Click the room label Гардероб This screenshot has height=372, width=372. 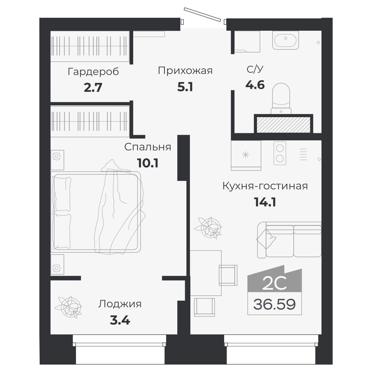point(93,72)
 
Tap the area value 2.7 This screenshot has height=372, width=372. point(93,88)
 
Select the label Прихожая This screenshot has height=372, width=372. point(185,71)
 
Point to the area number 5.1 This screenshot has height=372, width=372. point(185,87)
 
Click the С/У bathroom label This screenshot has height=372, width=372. point(255,69)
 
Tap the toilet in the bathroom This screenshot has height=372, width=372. point(281,98)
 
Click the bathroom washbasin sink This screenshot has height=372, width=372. point(285,40)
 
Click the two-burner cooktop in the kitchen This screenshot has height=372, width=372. point(280,153)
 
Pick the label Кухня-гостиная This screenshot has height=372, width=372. point(265,186)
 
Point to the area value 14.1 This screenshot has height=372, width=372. point(265,202)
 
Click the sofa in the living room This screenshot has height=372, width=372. point(289,240)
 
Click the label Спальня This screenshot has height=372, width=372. point(148,147)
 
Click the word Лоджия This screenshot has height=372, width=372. point(120,304)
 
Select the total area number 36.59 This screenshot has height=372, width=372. point(275,304)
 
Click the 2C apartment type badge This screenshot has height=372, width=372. point(274,283)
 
